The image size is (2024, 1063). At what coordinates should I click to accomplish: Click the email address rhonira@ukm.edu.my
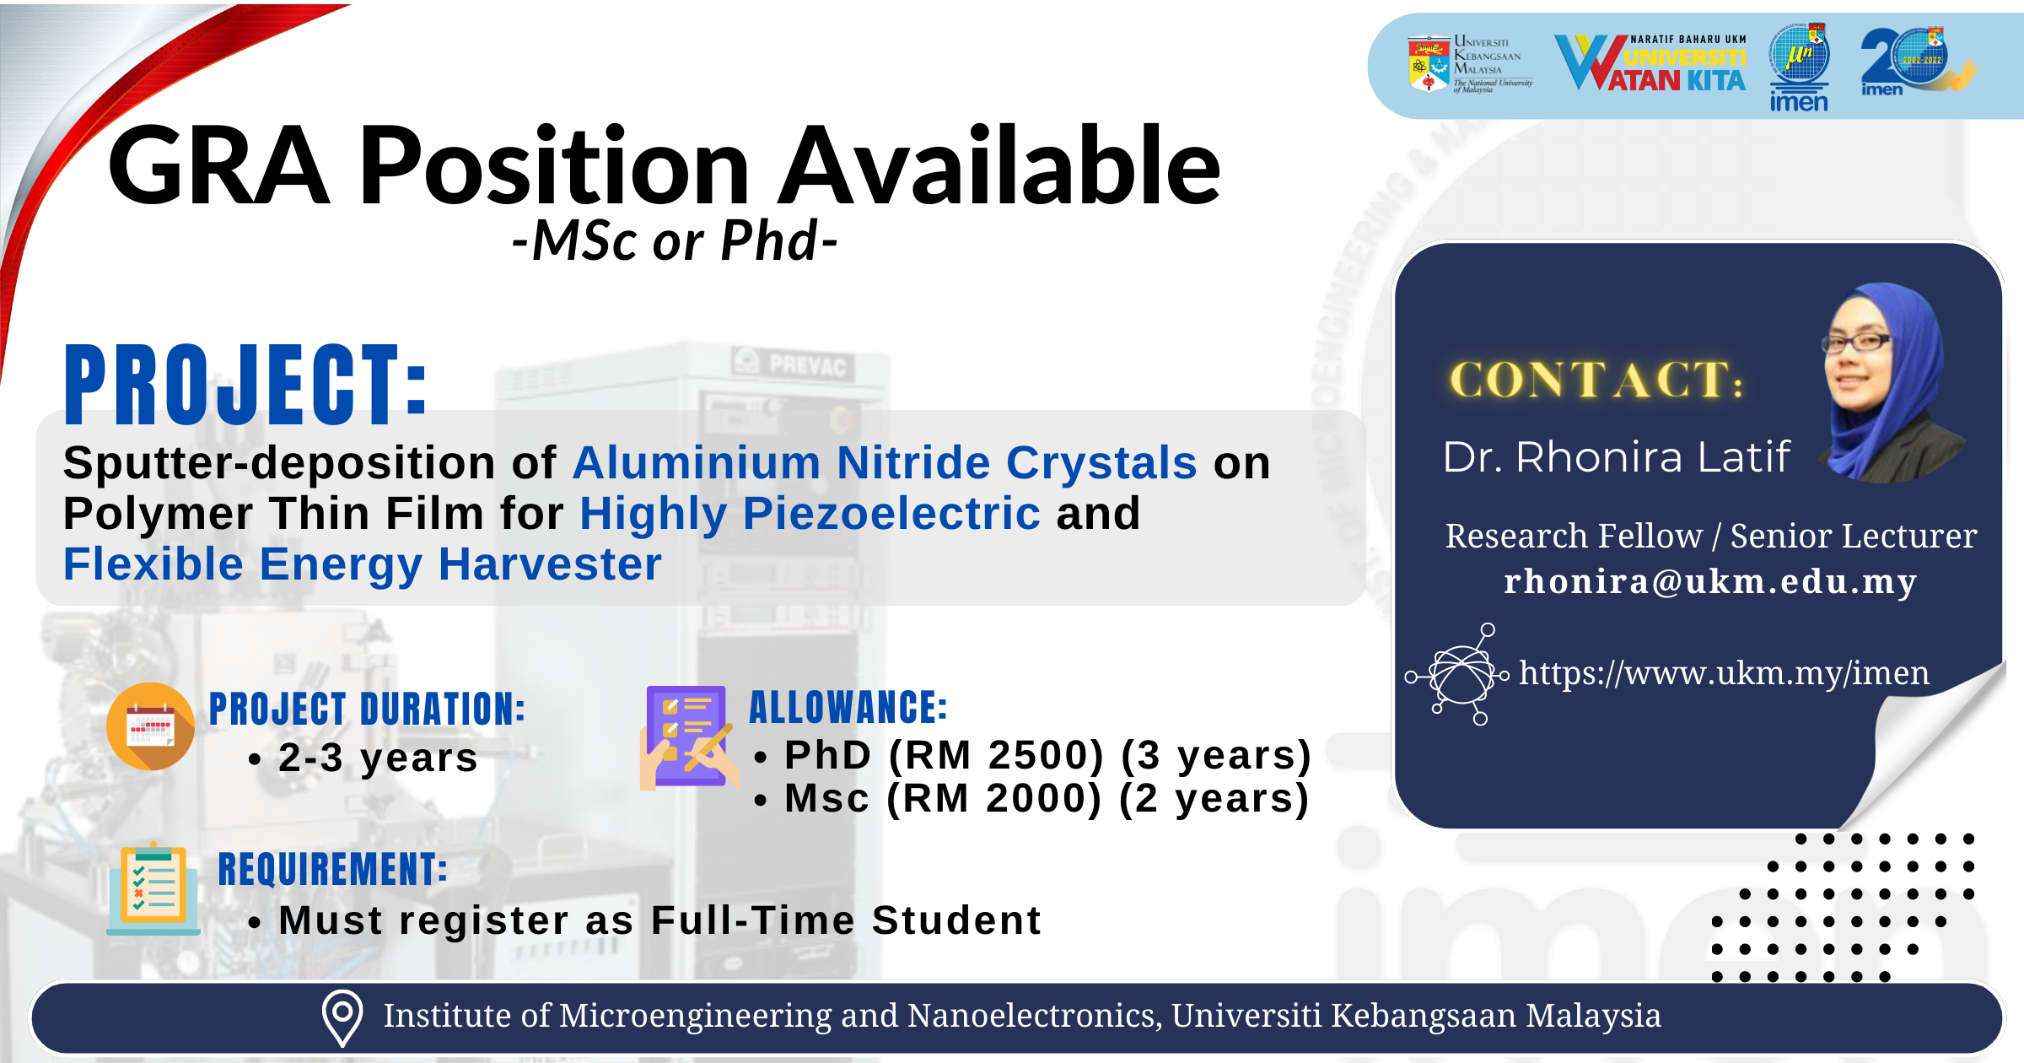coord(1710,582)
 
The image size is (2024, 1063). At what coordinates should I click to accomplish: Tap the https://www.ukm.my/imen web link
coord(1724,673)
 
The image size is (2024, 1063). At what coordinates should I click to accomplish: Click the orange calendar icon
coord(151,726)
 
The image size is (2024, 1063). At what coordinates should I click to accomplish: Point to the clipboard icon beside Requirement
coord(153,889)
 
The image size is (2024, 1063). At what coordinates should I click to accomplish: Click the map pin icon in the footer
coord(342,1017)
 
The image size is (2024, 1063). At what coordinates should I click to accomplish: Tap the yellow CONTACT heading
coord(1596,380)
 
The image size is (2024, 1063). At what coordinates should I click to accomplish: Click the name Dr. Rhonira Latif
coord(1616,457)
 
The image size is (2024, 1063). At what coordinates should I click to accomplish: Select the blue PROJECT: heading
coord(246,385)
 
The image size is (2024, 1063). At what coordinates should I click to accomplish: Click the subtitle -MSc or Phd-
coord(675,241)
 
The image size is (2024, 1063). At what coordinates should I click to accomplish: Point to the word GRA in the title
coord(219,165)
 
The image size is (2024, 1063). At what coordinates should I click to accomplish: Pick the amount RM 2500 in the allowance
coord(996,755)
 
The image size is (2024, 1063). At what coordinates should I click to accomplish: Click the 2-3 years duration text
coord(378,758)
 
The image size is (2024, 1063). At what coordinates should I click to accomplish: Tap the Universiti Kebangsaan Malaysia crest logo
coord(1428,63)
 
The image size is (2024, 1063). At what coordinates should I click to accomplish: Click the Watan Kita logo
coord(1650,63)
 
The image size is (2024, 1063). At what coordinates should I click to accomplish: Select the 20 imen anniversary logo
coord(1917,62)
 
